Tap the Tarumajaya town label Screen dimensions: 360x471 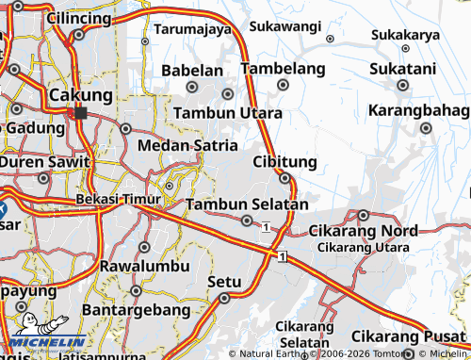coord(193,29)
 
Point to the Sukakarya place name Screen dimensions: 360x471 coord(405,35)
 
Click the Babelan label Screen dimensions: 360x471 coord(192,70)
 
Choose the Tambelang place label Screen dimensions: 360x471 coord(283,69)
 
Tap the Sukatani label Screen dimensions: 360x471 coord(402,69)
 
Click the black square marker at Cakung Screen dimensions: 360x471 coord(80,112)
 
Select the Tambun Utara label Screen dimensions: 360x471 coord(227,113)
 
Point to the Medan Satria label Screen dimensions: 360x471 coord(187,145)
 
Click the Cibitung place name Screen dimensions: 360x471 coord(284,162)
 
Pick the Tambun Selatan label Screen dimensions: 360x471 coord(247,205)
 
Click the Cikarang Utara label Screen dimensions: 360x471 coord(364,247)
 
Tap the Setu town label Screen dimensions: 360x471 coord(224,281)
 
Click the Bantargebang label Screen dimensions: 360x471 coord(137,308)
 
